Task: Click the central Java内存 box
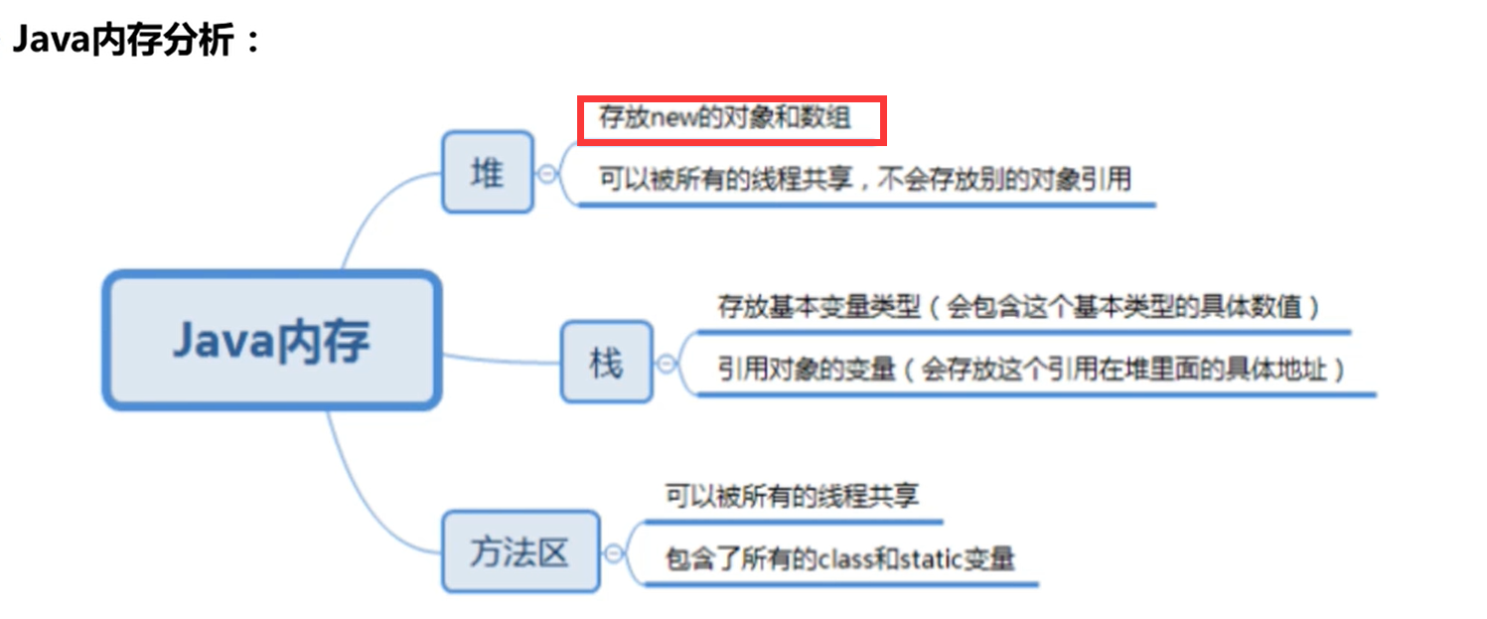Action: pyautogui.click(x=271, y=341)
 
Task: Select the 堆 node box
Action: pyautogui.click(x=487, y=172)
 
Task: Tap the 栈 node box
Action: pyautogui.click(x=606, y=363)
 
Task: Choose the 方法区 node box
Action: pyautogui.click(x=520, y=551)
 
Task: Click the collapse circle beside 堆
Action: pyautogui.click(x=546, y=173)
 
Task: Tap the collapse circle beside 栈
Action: pyautogui.click(x=666, y=364)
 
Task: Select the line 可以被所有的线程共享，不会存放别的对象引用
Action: pyautogui.click(x=864, y=179)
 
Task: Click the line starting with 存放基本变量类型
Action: pyautogui.click(x=1018, y=306)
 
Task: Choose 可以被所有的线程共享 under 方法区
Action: pyautogui.click(x=792, y=496)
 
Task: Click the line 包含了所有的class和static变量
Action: pyautogui.click(x=839, y=558)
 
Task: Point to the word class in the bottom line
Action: pyautogui.click(x=839, y=559)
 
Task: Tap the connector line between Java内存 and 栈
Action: pyautogui.click(x=502, y=358)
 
